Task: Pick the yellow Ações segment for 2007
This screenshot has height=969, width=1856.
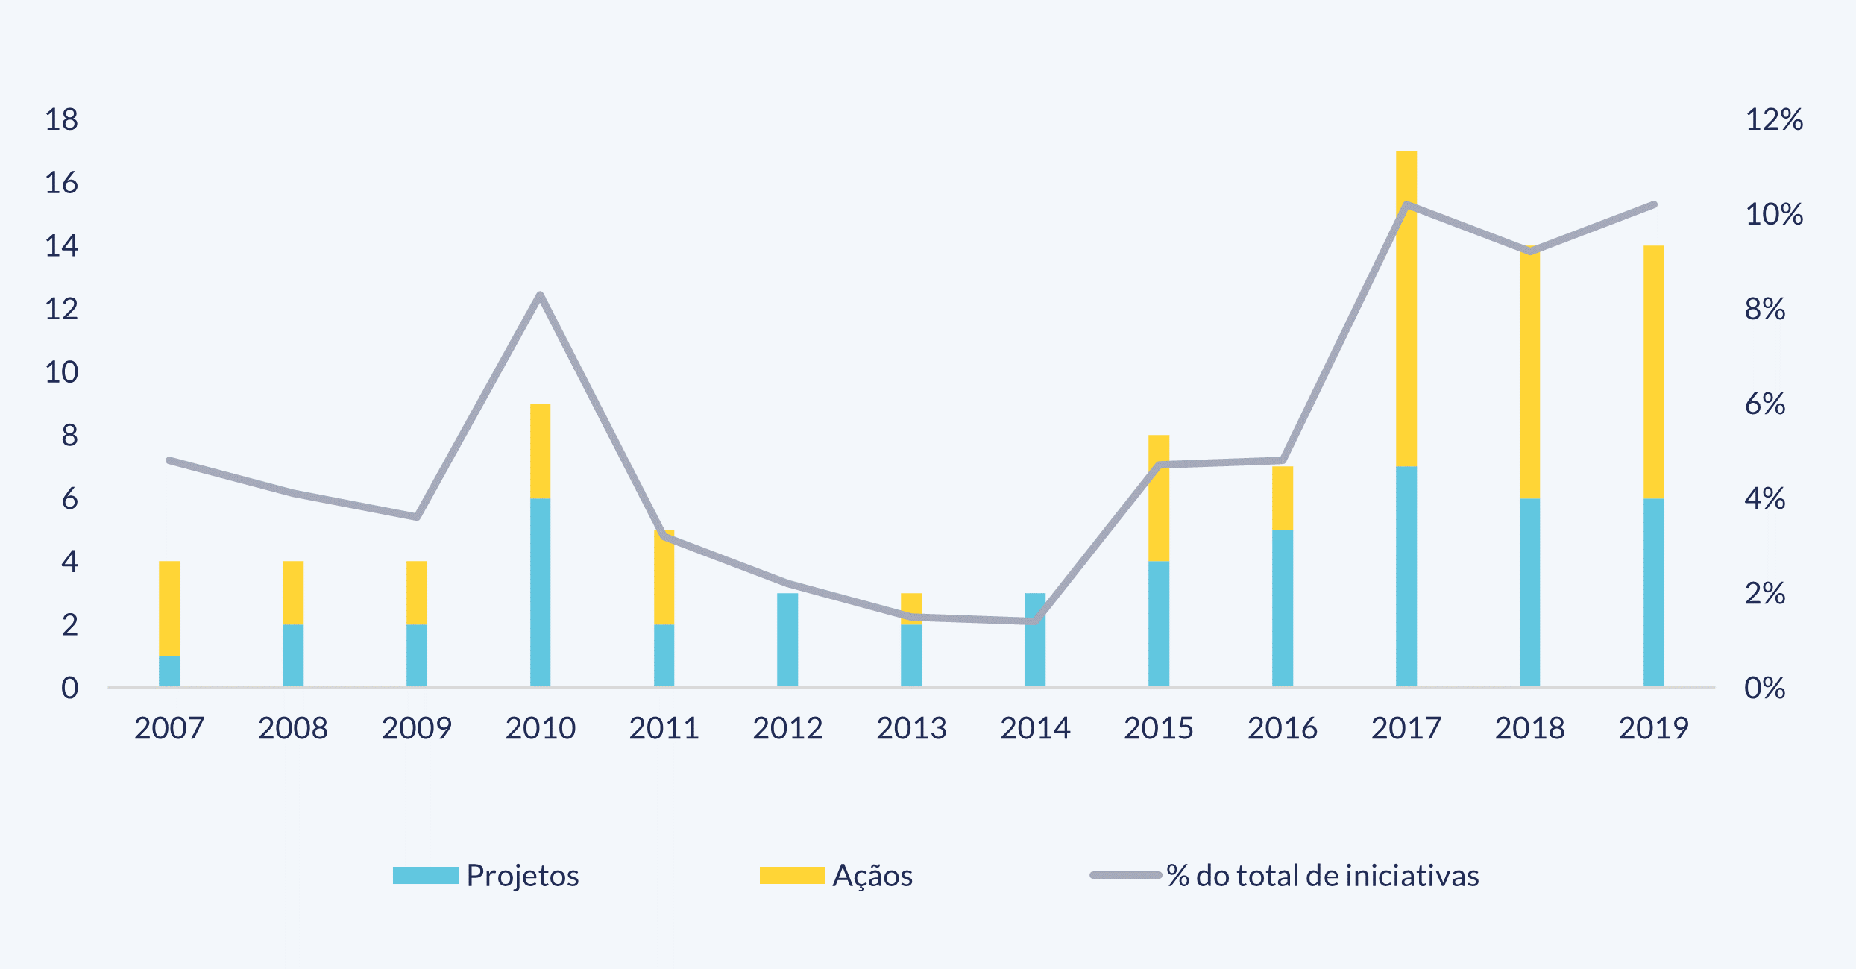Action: click(169, 608)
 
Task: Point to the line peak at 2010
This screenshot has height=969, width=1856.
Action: click(540, 295)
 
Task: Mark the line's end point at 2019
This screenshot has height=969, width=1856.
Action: click(1654, 204)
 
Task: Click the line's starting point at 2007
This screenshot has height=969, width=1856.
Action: click(169, 460)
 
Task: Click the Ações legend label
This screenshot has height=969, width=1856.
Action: click(872, 876)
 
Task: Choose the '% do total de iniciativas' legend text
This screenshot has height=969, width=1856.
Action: click(1322, 876)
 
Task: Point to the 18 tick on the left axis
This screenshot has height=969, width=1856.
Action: click(61, 119)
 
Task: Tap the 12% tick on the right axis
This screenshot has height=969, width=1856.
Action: click(1773, 119)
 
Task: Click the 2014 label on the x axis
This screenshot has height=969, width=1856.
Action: click(1035, 728)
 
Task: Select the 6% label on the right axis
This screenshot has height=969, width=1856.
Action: click(1764, 404)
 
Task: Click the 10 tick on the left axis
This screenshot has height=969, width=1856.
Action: click(61, 372)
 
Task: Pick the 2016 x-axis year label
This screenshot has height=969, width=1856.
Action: click(1283, 728)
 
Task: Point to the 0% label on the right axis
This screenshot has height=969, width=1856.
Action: click(1764, 688)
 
